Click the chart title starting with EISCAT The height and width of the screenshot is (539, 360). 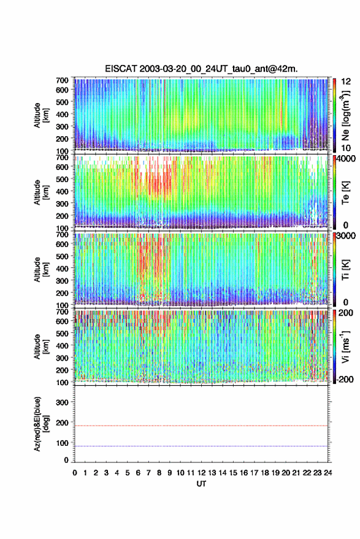(201, 69)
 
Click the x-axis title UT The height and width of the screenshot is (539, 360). (201, 484)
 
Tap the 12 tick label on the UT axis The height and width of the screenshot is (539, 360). (202, 473)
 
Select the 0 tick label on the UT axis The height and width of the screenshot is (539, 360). (75, 473)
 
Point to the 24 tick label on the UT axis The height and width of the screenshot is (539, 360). (327, 473)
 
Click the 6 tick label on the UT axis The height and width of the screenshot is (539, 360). (138, 473)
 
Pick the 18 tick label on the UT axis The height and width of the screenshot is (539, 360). (265, 473)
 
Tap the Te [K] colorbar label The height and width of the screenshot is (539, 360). (345, 193)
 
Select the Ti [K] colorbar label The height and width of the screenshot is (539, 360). (345, 270)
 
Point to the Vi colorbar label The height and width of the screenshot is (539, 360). (345, 346)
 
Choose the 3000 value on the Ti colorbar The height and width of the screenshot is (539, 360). (346, 235)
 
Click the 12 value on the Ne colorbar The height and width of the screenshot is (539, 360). (346, 82)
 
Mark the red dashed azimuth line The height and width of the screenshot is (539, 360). (201, 426)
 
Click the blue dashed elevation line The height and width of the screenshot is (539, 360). (201, 446)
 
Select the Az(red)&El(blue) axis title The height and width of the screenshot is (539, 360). (40, 424)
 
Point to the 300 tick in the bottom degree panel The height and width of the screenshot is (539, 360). (62, 402)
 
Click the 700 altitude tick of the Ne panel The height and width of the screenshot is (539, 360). (62, 80)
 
